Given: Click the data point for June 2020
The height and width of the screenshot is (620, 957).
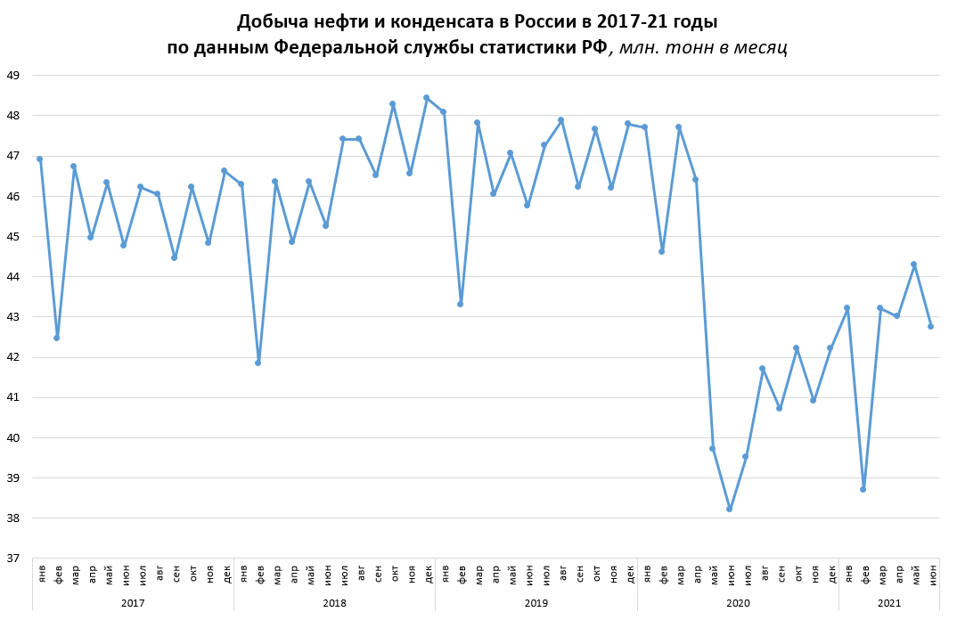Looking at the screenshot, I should pyautogui.click(x=729, y=509).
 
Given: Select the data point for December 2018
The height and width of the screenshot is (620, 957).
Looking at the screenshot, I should pyautogui.click(x=426, y=97).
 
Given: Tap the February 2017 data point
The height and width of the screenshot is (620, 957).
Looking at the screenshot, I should pyautogui.click(x=56, y=338).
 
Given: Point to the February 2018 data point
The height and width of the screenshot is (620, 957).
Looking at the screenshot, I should pyautogui.click(x=258, y=363).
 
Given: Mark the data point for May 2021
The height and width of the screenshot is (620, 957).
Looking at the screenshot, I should pyautogui.click(x=913, y=264).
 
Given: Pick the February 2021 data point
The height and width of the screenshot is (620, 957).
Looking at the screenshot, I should pyautogui.click(x=863, y=489).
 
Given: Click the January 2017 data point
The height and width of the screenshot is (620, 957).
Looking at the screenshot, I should pyautogui.click(x=39, y=159).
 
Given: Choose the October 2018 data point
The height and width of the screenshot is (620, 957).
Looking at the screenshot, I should pyautogui.click(x=392, y=103).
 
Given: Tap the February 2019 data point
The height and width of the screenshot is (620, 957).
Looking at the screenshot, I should pyautogui.click(x=460, y=304).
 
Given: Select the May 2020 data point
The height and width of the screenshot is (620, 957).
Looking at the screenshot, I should pyautogui.click(x=712, y=448).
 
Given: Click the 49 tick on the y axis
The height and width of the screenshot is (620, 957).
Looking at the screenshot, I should pyautogui.click(x=13, y=76).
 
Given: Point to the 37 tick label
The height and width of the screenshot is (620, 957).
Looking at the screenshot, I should pyautogui.click(x=13, y=559).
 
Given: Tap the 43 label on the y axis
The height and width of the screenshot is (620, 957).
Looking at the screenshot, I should pyautogui.click(x=13, y=317).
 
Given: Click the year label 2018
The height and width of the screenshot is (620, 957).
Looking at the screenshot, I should pyautogui.click(x=334, y=603).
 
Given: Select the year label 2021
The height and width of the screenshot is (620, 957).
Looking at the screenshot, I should pyautogui.click(x=888, y=603).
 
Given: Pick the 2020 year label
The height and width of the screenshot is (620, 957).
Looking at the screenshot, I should pyautogui.click(x=738, y=603).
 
